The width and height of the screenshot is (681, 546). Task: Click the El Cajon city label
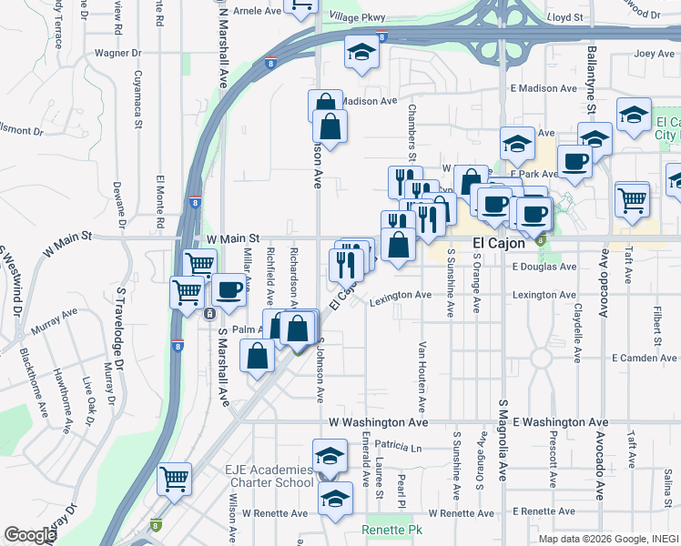coord(499,244)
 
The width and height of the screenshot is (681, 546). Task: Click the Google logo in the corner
coord(30,535)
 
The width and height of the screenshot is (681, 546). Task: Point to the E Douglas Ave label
coord(544,267)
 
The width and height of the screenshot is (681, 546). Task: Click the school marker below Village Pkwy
coord(361,54)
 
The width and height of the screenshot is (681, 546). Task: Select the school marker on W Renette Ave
coord(336,499)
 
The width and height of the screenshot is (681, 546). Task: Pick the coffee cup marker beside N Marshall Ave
coord(229,290)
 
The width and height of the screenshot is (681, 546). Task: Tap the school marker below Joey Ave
coord(634,114)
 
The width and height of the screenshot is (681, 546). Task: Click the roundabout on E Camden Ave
coord(542,358)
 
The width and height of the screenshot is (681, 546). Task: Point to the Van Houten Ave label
coord(422,377)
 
